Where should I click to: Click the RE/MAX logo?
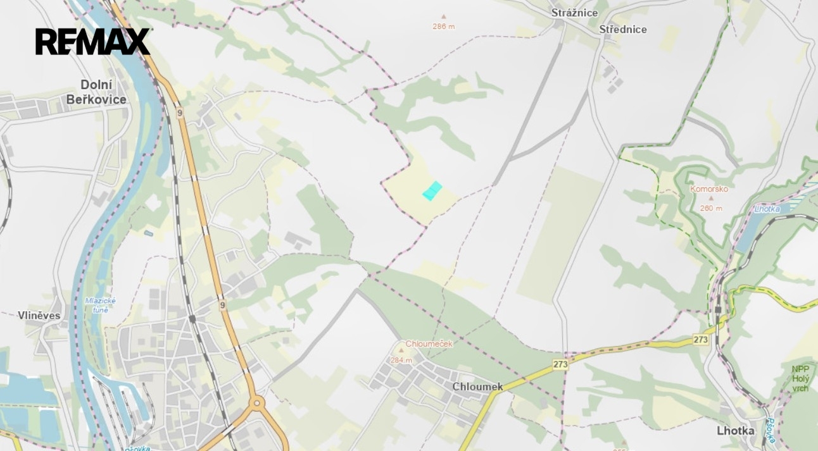click(92, 42)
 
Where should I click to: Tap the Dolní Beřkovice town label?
click(96, 92)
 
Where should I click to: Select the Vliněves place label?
click(39, 316)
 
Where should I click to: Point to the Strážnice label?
click(574, 13)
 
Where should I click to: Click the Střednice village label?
click(623, 29)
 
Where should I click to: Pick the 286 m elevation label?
click(443, 27)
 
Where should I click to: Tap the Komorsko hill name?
click(709, 189)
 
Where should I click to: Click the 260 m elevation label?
click(711, 208)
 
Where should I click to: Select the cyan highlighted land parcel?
click(432, 190)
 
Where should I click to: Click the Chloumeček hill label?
click(429, 344)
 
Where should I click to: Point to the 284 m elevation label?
click(401, 361)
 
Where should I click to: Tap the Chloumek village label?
click(477, 386)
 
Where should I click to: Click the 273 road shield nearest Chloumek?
click(560, 364)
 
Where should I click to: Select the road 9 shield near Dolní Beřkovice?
click(180, 113)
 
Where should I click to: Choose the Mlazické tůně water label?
click(101, 305)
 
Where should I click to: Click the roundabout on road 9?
click(257, 402)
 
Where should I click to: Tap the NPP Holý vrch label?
click(800, 379)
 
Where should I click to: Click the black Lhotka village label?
click(736, 431)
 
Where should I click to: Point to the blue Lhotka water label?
click(767, 209)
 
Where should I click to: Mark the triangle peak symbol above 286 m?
click(443, 17)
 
